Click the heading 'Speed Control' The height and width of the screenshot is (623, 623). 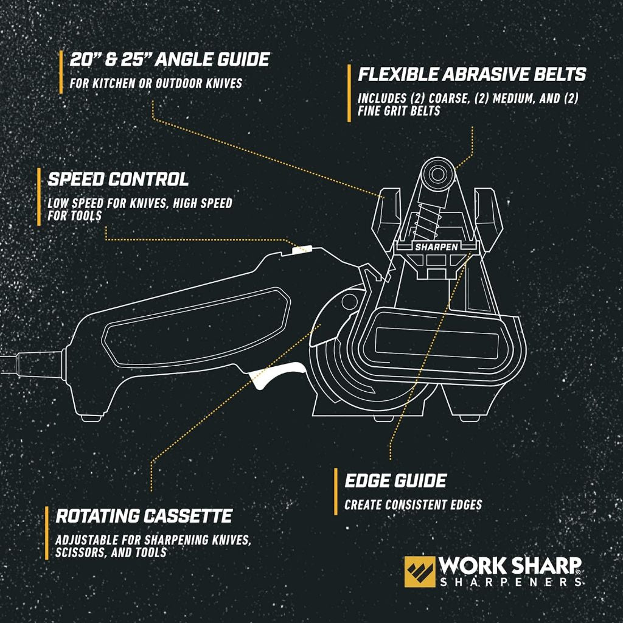118,179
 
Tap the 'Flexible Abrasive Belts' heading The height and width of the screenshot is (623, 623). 472,75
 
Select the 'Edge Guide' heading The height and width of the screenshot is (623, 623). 395,481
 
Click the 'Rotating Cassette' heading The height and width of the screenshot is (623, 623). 144,517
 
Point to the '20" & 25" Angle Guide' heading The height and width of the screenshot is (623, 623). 169,60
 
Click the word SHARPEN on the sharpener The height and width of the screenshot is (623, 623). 436,248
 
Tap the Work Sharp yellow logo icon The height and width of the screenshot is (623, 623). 420,571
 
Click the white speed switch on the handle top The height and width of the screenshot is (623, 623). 302,249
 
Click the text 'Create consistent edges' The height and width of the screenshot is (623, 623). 413,505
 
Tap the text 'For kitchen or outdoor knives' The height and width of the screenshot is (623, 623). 156,83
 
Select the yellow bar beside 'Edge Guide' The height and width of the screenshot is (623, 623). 335,492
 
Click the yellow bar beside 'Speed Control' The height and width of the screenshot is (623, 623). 39,197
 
